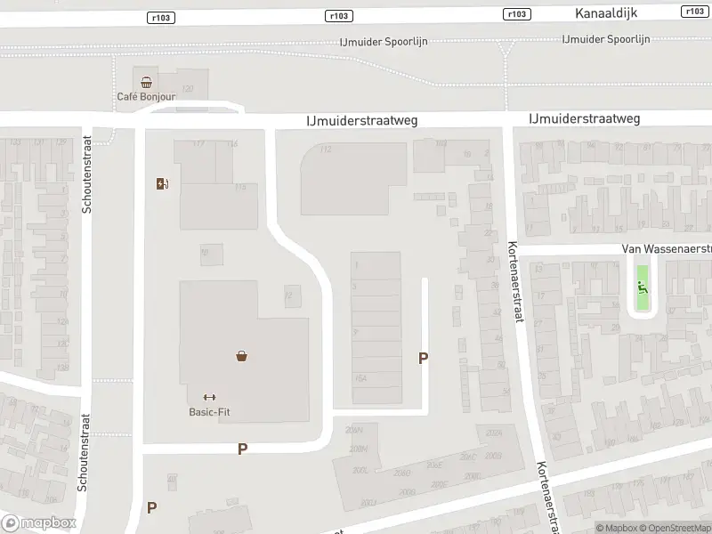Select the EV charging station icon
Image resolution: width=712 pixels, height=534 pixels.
tap(162, 184)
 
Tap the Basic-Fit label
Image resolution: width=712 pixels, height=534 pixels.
tap(209, 411)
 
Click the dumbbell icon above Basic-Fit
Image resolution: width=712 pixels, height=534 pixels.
tap(209, 397)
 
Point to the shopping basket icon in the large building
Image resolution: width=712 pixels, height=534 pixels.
tap(240, 356)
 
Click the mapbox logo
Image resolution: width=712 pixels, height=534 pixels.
tap(38, 523)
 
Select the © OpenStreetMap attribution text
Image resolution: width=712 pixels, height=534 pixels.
tap(672, 528)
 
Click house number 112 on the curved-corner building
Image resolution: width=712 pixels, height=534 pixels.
tap(326, 150)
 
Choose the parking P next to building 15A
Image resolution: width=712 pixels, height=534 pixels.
tap(424, 358)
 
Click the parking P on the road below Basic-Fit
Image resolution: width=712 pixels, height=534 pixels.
tap(242, 449)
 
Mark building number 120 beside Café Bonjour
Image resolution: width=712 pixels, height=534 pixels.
tap(187, 88)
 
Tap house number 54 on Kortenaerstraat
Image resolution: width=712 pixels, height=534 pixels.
tap(506, 390)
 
